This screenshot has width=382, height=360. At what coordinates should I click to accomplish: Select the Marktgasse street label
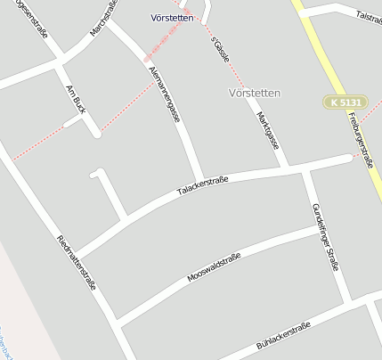click(267, 130)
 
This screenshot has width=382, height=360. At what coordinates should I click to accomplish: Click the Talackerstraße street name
click(202, 185)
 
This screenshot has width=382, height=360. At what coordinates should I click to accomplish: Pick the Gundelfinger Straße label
click(326, 235)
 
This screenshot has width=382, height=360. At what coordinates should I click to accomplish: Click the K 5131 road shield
click(345, 102)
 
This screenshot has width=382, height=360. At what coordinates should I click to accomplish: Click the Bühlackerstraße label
click(283, 336)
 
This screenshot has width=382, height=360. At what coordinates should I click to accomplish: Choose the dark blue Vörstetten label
click(173, 18)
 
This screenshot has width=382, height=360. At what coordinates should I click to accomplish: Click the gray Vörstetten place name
click(255, 93)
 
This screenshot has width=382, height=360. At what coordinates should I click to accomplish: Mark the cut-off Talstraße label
click(368, 16)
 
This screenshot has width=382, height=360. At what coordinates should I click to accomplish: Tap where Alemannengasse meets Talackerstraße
click(202, 181)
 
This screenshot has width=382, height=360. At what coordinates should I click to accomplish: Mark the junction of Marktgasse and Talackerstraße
click(285, 168)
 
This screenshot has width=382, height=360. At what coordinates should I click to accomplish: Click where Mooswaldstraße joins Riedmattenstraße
click(117, 321)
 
